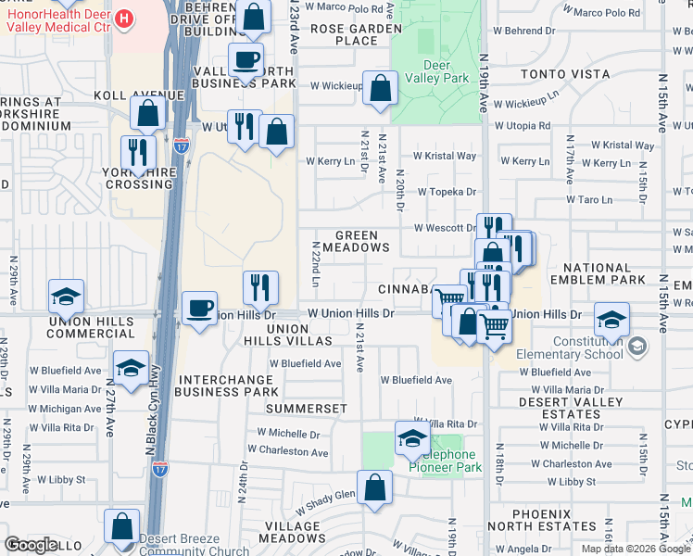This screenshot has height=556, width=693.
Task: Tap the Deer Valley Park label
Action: click(x=433, y=71)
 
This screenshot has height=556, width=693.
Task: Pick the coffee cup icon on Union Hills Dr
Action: click(x=199, y=309)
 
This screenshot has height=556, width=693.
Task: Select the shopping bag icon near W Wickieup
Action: click(x=380, y=90)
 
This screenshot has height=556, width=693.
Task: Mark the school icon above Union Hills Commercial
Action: click(x=68, y=297)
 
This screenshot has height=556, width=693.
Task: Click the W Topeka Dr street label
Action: click(x=446, y=192)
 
